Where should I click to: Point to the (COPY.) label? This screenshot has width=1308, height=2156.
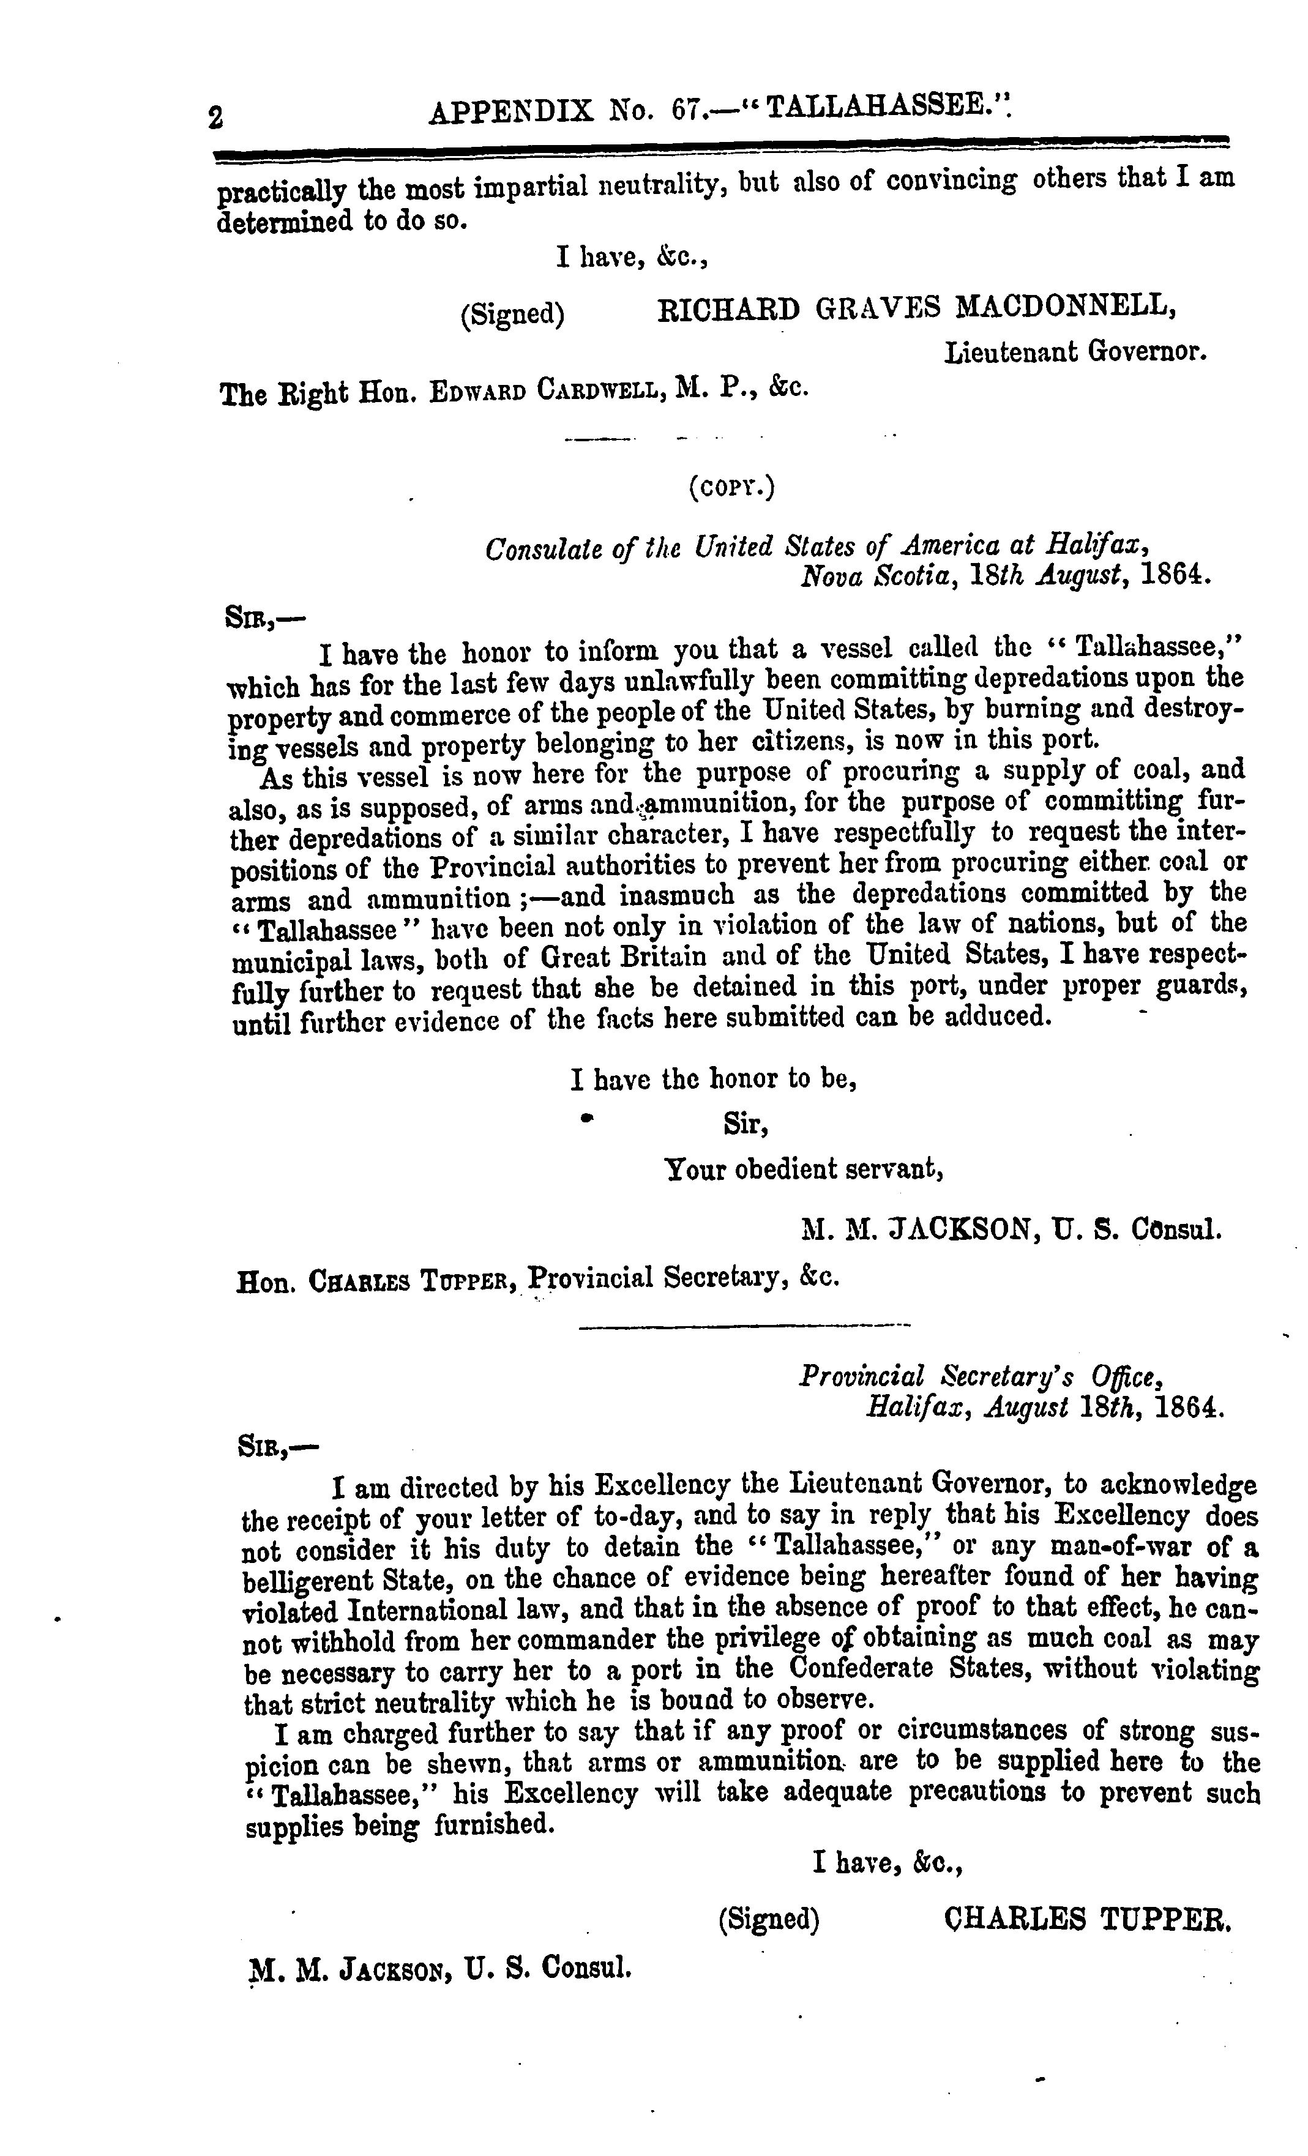tap(731, 487)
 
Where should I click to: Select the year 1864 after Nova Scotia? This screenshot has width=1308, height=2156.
tap(1177, 576)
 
